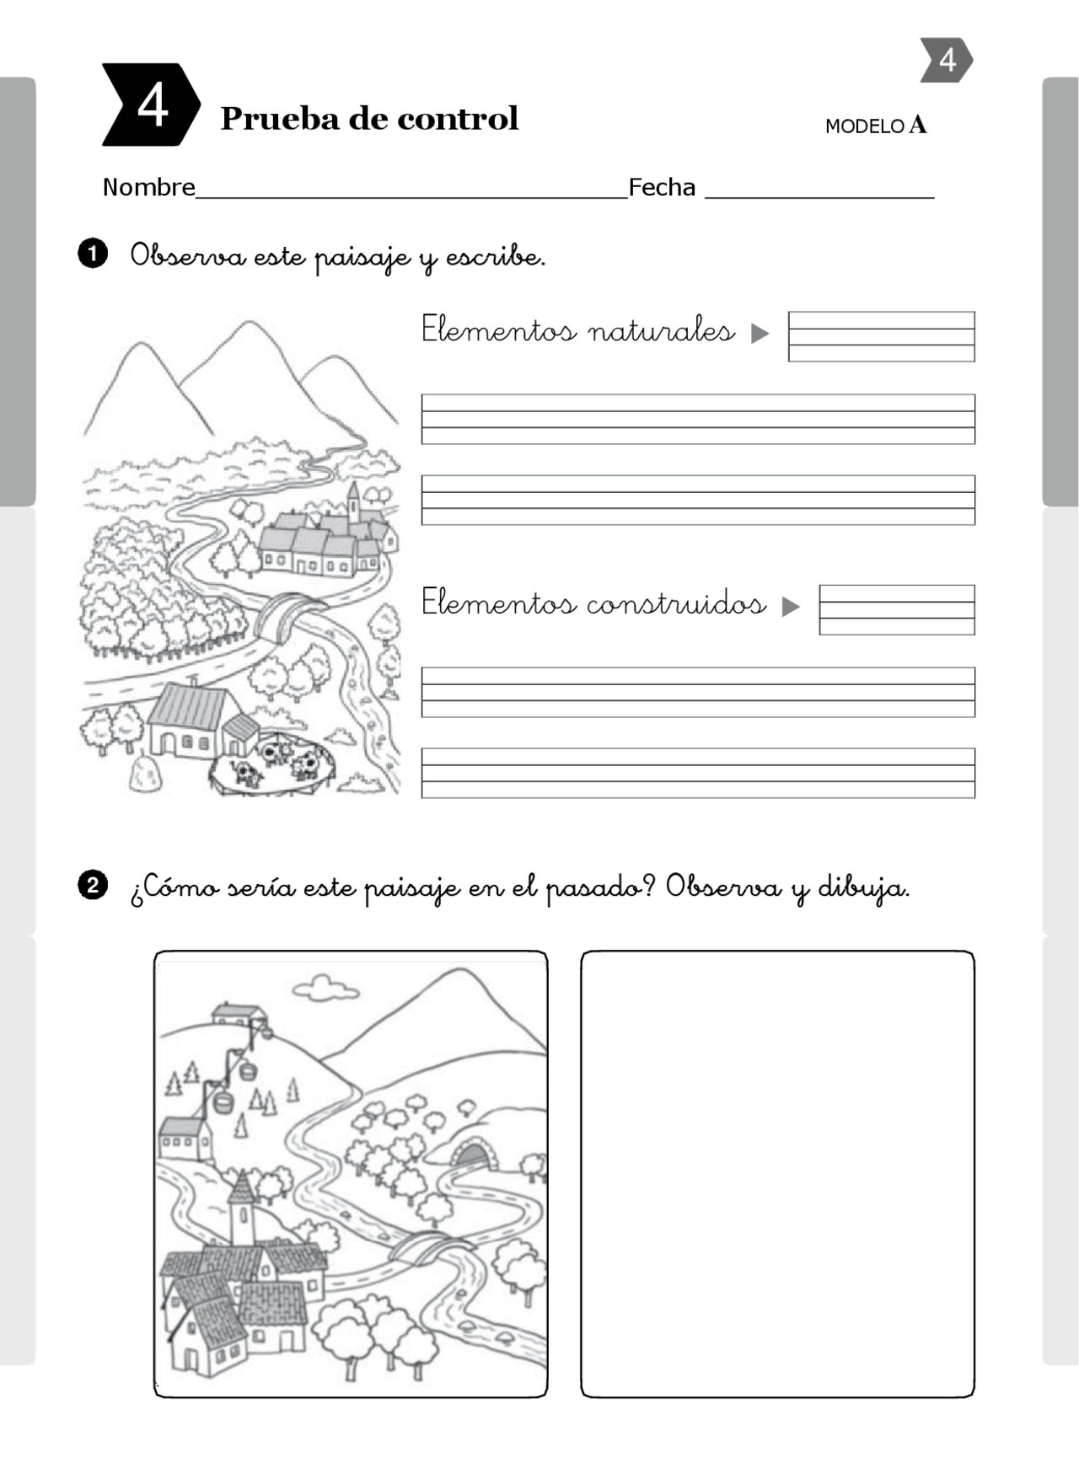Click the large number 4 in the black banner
[x=153, y=106]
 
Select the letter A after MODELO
[x=918, y=126]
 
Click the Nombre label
[x=148, y=187]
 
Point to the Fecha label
[x=662, y=187]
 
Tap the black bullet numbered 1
[x=93, y=254]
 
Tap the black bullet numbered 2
[x=93, y=886]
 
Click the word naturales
[x=661, y=330]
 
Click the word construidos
[x=676, y=603]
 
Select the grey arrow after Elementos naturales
[x=760, y=333]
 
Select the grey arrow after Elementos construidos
[x=790, y=606]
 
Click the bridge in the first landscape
[x=287, y=613]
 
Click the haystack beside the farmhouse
[x=144, y=774]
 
